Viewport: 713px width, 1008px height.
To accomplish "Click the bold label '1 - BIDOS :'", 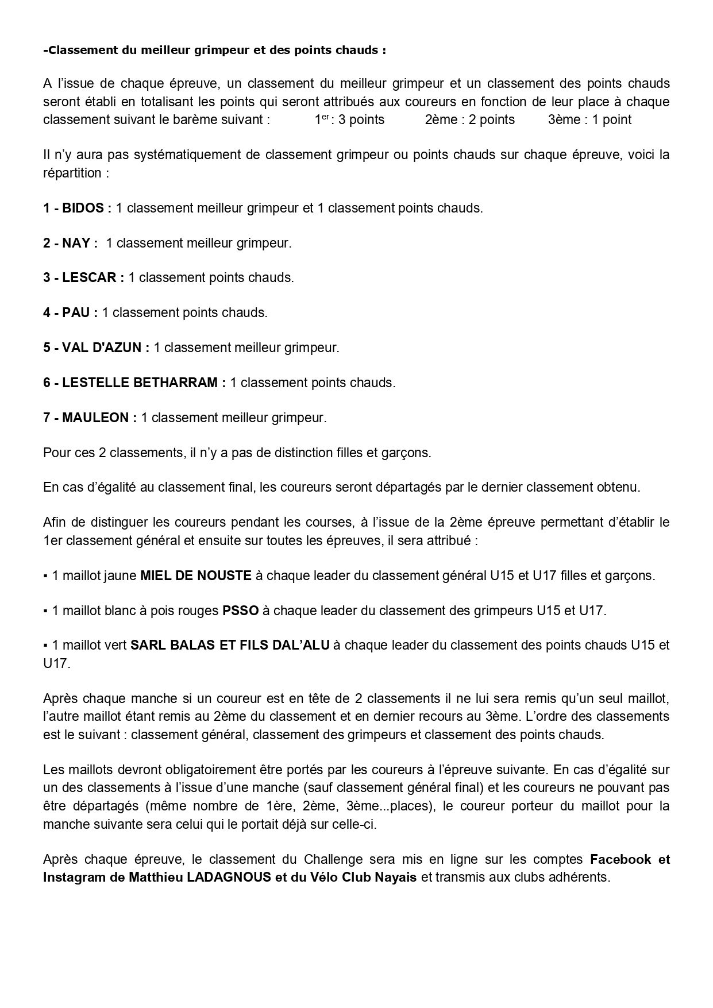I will tap(77, 208).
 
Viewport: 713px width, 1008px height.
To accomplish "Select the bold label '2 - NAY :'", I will tap(70, 243).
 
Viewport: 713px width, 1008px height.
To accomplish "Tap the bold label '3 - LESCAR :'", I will tap(83, 278).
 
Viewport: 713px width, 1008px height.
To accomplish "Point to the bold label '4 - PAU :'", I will tap(70, 313).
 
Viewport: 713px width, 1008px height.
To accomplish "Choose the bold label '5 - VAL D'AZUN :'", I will tap(96, 348).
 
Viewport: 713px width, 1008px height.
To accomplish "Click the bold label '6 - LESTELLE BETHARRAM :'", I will tap(134, 383).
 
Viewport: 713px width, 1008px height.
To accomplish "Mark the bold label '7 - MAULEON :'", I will tap(90, 418).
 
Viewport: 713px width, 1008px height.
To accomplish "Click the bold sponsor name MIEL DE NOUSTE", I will tap(196, 576).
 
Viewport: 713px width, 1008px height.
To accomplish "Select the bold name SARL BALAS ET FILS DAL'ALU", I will tap(230, 645).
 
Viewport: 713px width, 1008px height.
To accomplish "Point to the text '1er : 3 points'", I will tap(349, 120).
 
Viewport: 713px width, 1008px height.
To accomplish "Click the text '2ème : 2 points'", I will tap(469, 120).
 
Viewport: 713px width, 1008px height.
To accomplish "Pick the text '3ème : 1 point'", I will tap(589, 120).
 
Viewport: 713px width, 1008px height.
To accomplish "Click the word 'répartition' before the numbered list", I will tap(72, 173).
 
